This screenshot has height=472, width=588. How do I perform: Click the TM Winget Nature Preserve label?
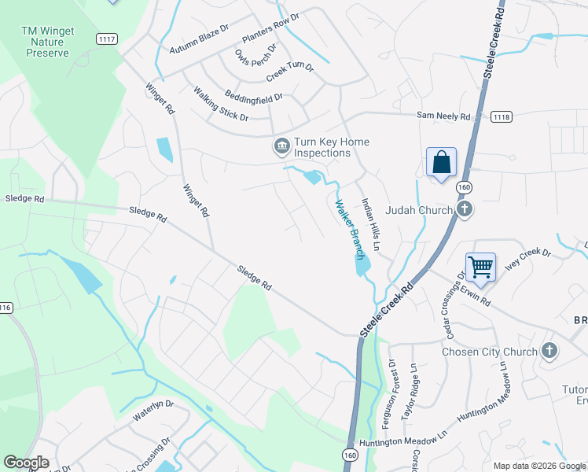[48, 42]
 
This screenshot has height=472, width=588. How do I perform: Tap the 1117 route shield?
[107, 39]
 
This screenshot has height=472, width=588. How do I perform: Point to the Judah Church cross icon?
[465, 209]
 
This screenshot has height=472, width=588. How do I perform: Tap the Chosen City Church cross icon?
[549, 351]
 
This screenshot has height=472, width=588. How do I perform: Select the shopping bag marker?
[442, 163]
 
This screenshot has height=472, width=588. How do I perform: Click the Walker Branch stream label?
[350, 229]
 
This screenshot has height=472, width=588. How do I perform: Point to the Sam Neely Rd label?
[443, 116]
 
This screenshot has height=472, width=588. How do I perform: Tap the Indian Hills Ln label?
[370, 225]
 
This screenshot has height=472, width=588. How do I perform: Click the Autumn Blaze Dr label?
[199, 39]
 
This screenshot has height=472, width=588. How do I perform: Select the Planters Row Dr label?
[271, 28]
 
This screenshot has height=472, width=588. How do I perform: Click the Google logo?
[26, 463]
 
